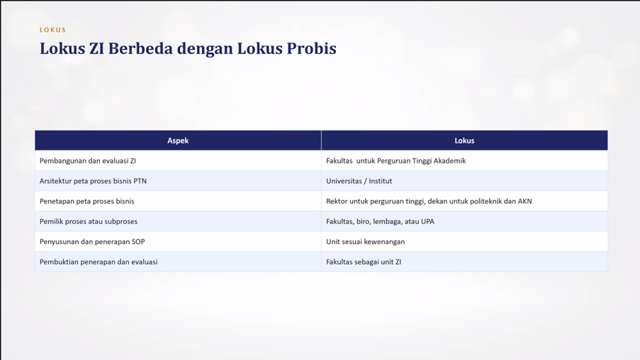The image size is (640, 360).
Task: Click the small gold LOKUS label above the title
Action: pyautogui.click(x=52, y=30)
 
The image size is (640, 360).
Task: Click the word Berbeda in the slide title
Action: pyautogui.click(x=140, y=48)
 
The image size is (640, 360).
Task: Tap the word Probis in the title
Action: pyautogui.click(x=311, y=48)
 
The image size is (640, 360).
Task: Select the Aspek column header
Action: pyautogui.click(x=178, y=140)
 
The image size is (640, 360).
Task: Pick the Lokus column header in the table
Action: pyautogui.click(x=464, y=140)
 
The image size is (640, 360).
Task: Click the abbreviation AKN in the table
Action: pyautogui.click(x=524, y=201)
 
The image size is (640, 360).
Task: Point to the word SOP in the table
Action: pyautogui.click(x=138, y=242)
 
